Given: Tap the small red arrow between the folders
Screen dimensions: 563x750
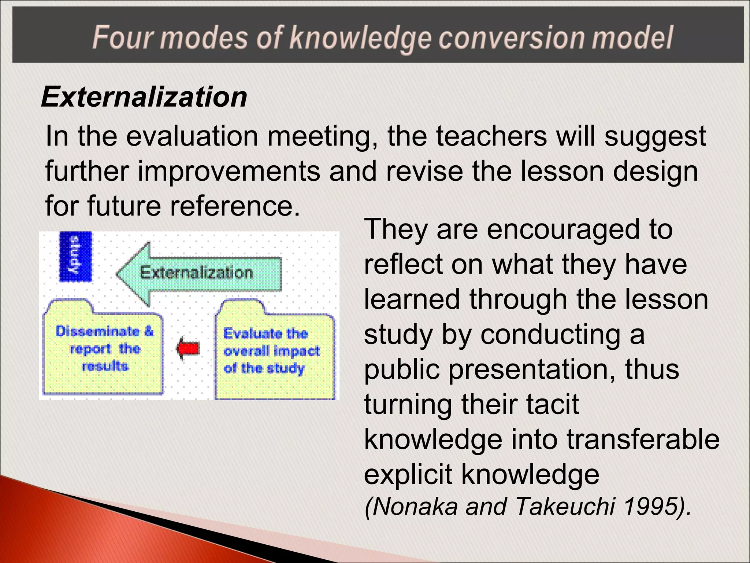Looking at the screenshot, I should click(188, 348).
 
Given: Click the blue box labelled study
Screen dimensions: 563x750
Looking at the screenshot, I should click(76, 257).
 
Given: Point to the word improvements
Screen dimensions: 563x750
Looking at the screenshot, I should click(229, 171).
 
